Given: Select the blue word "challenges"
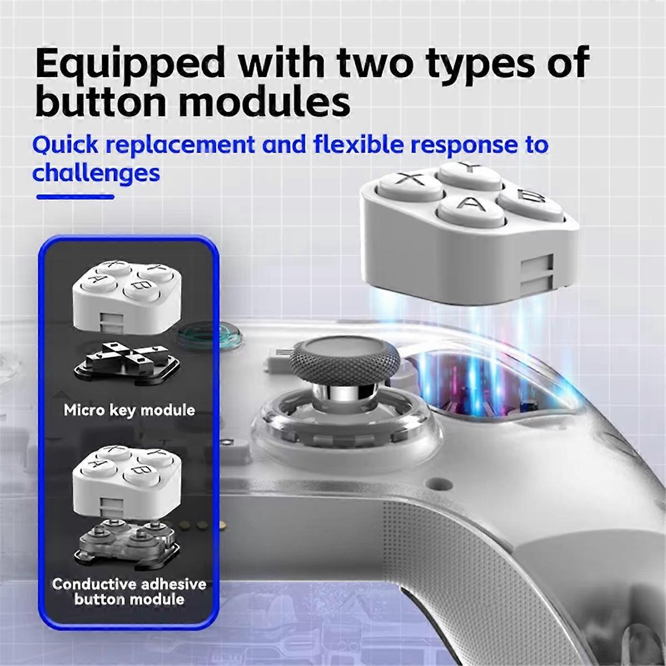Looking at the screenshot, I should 96,173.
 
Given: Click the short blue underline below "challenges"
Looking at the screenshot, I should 75,196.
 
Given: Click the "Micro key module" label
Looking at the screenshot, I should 129,411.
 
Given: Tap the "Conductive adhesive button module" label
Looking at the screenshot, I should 129,592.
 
